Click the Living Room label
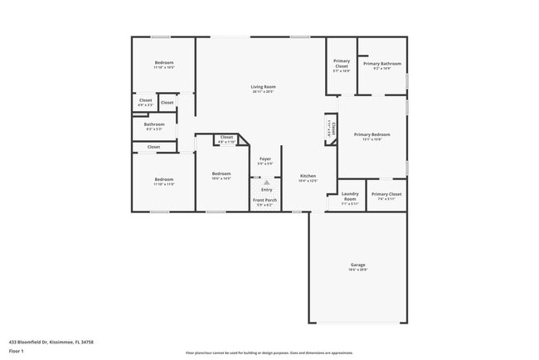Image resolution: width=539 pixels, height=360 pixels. coord(263,87)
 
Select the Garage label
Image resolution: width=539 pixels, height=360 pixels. coord(357,265)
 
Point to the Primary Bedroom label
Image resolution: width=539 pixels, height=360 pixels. coord(371,134)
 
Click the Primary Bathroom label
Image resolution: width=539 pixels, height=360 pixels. coord(381,64)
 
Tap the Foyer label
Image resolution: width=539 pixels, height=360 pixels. coord(265,158)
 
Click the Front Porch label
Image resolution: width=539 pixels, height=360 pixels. coord(265,200)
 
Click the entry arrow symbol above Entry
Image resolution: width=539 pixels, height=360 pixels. coord(265,181)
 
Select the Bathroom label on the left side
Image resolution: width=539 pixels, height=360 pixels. coord(154,124)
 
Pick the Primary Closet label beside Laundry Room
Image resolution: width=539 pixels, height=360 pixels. coord(386,194)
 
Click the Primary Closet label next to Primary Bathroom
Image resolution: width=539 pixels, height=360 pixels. coord(342,64)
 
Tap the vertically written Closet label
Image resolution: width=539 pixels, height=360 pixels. coord(330,129)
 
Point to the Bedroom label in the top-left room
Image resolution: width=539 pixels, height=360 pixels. coord(164,64)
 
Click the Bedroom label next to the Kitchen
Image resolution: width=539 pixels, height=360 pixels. coord(221,174)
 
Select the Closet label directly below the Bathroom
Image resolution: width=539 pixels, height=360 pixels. coord(153,147)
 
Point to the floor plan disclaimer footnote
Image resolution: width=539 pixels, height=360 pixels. coord(268,352)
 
